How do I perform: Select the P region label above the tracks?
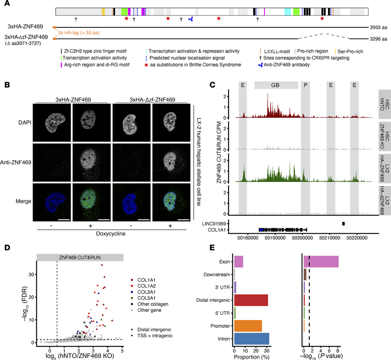[x=305, y=85]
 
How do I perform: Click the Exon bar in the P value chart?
[x=321, y=261]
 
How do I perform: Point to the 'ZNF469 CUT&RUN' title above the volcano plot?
[x=80, y=258]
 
